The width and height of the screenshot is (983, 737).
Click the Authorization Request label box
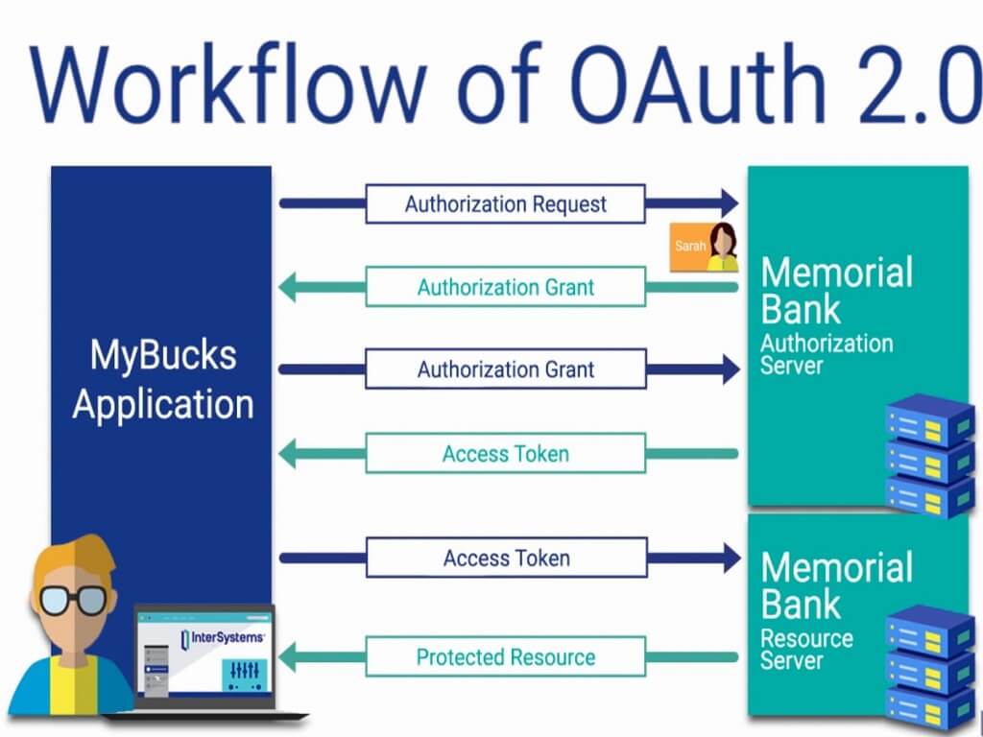[505, 203]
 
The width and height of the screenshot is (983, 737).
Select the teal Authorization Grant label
[505, 287]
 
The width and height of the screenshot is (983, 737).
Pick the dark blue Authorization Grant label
[505, 369]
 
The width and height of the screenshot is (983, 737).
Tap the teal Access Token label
[505, 453]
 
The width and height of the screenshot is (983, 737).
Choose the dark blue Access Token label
[505, 558]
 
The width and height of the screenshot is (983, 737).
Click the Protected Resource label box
[505, 657]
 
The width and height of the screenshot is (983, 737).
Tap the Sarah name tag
[689, 247]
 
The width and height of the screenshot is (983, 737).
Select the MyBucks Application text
[161, 379]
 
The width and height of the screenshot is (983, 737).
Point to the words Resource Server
[806, 650]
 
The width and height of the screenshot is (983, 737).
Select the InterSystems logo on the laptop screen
[223, 638]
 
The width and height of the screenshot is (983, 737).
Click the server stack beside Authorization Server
[929, 456]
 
